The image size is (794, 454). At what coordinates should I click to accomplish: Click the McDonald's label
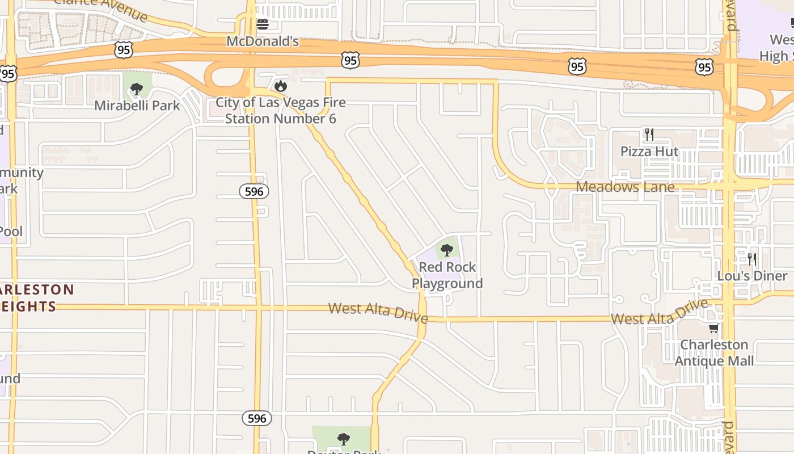point(262,41)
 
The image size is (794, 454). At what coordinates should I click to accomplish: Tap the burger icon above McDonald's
point(262,24)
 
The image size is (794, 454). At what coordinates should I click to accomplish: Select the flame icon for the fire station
point(280,86)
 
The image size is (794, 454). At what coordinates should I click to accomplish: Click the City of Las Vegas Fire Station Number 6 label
point(281,111)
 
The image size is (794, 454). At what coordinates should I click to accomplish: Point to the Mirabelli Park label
point(137,105)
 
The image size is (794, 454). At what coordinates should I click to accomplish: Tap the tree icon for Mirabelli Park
point(136,89)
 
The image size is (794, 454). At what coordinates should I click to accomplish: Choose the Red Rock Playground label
point(447,275)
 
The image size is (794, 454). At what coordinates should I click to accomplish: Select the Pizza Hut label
point(649,152)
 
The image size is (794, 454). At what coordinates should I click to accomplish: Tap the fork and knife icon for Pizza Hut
point(649,134)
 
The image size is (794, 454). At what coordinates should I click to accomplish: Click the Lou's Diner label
point(752,276)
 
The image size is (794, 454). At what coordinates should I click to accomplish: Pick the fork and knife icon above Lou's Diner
point(752,259)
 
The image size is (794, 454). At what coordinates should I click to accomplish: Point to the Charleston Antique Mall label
point(714,352)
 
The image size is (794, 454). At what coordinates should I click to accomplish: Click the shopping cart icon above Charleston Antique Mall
point(713,328)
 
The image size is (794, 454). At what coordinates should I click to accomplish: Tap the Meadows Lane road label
point(625,187)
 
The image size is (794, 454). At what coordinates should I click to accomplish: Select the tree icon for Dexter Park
point(343,439)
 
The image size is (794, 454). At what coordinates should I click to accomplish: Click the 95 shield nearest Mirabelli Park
point(123,50)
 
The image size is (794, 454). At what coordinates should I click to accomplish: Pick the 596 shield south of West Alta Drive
point(257,419)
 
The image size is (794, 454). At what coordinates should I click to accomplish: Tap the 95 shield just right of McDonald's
point(350,60)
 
